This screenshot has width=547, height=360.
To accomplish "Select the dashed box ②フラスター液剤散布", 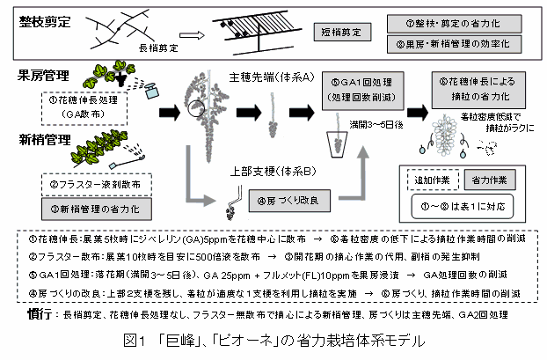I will [x=90, y=187].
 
